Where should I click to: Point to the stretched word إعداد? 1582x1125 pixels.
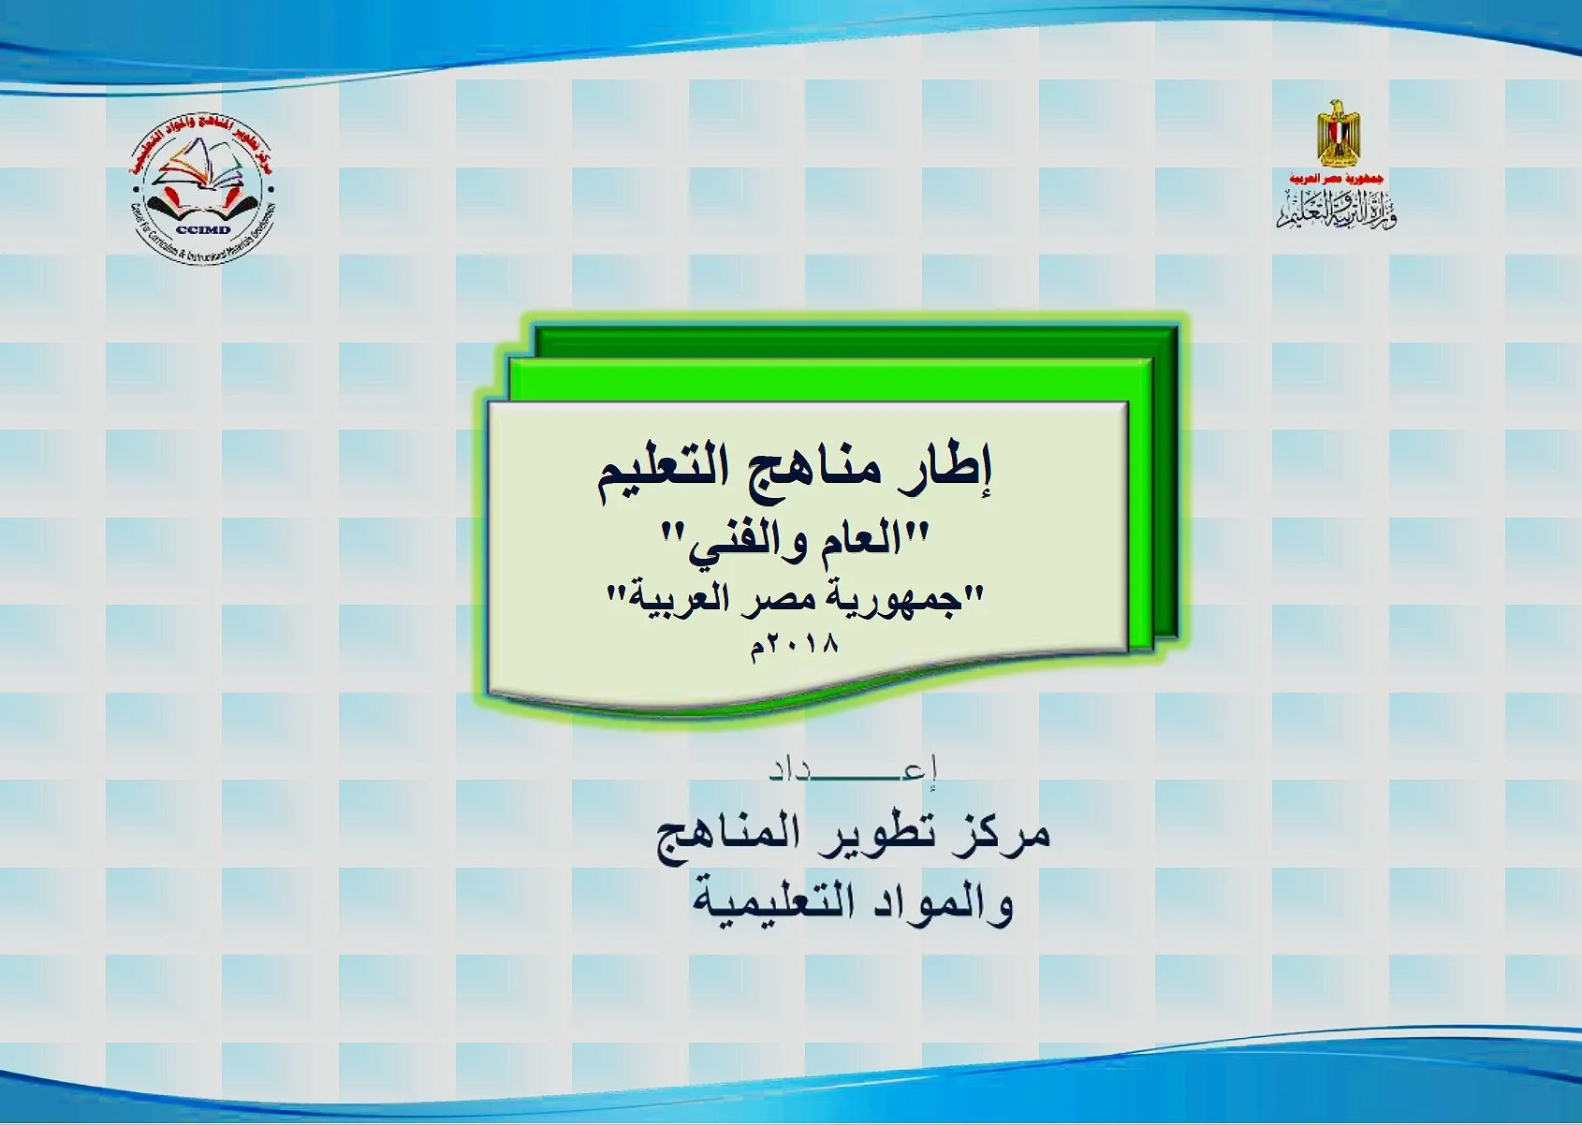click(x=853, y=771)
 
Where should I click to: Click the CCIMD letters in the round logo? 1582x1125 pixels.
click(x=203, y=229)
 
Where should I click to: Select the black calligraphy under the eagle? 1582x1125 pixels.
click(x=1336, y=209)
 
